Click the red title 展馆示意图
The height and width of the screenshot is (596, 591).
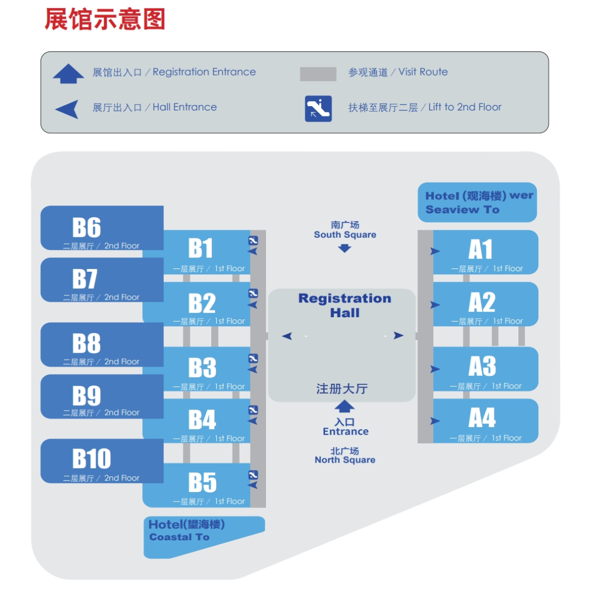(x=105, y=20)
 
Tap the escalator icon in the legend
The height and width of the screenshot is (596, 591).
(x=318, y=108)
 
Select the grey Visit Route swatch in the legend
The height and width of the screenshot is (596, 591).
(x=318, y=74)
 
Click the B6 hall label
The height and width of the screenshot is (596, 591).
(x=86, y=227)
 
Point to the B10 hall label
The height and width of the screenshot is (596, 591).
(x=91, y=458)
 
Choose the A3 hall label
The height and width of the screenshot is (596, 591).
(x=482, y=366)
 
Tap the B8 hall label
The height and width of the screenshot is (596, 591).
(x=86, y=343)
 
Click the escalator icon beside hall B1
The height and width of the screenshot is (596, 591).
(x=253, y=241)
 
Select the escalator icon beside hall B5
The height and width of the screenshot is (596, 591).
(x=253, y=475)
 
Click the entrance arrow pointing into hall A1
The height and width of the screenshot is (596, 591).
(x=435, y=252)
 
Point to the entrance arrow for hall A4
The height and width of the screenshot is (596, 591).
(x=435, y=421)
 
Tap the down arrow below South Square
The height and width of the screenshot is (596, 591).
(x=344, y=248)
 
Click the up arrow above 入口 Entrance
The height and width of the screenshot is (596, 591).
(x=344, y=406)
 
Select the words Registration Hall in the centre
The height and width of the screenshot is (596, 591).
(x=345, y=306)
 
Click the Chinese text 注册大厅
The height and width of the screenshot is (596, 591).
(x=342, y=389)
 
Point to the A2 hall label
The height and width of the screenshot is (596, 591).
(x=482, y=302)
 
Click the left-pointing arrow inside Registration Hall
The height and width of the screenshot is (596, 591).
(x=287, y=336)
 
